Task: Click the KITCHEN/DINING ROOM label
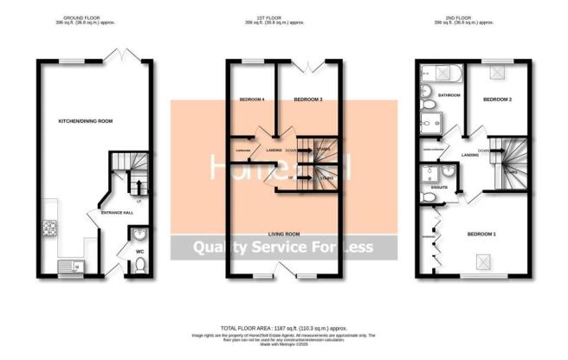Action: click(x=85, y=120)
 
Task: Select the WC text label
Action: click(x=139, y=253)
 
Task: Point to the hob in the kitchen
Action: click(x=49, y=230)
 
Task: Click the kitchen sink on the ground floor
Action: click(x=68, y=267)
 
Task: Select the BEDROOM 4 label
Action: click(x=251, y=100)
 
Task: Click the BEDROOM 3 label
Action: click(x=308, y=100)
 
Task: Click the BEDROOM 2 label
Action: click(x=497, y=100)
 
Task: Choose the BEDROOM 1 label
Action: click(x=482, y=234)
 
